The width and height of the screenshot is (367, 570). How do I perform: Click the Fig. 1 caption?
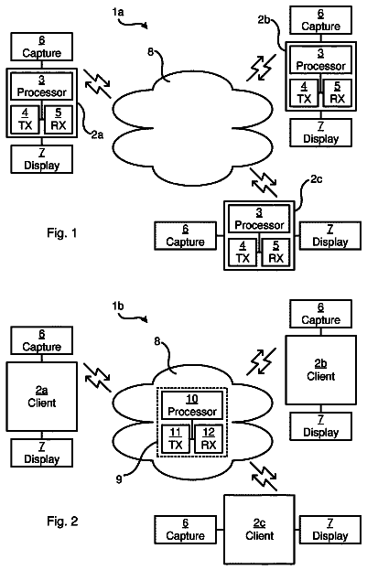click(62, 232)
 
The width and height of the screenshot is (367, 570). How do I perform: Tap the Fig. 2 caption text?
click(62, 522)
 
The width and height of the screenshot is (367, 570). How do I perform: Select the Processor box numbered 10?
click(191, 405)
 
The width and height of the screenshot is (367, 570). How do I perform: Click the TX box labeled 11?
click(176, 438)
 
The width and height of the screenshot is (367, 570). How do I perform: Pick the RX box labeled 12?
click(209, 438)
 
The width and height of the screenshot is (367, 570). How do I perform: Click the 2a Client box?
click(41, 396)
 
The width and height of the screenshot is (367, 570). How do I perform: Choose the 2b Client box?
click(320, 370)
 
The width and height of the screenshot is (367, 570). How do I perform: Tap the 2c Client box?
click(259, 529)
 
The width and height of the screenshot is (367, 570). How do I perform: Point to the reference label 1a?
click(118, 13)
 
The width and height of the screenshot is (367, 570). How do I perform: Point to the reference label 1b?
click(118, 307)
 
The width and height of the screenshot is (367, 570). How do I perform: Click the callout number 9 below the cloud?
click(119, 479)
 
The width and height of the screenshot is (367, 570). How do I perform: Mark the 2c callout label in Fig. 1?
click(316, 179)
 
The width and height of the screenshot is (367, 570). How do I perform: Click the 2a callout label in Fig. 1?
click(97, 134)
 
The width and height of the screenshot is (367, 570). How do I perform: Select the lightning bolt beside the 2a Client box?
click(98, 378)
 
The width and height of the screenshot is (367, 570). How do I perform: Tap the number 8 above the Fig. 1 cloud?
click(151, 51)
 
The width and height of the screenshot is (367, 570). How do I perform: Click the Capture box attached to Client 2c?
click(185, 530)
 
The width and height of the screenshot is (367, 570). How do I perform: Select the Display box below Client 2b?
click(320, 426)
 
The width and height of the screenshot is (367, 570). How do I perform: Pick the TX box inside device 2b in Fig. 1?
click(304, 92)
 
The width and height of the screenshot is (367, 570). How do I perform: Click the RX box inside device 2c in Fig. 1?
click(275, 253)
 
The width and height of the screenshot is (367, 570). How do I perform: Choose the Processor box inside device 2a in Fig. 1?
click(41, 87)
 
